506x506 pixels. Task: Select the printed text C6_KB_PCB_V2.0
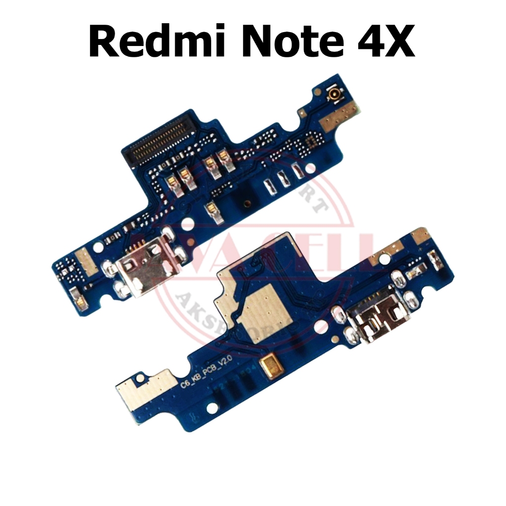[x=219, y=377]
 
